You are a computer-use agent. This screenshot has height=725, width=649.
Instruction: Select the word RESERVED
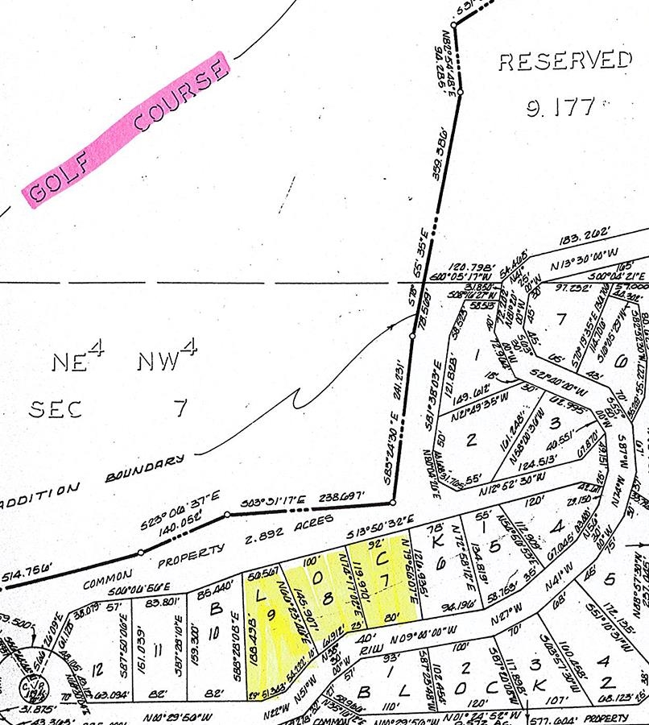564,62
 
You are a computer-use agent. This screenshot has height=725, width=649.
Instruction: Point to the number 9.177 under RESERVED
560,107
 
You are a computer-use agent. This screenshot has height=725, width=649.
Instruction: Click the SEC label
56,409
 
